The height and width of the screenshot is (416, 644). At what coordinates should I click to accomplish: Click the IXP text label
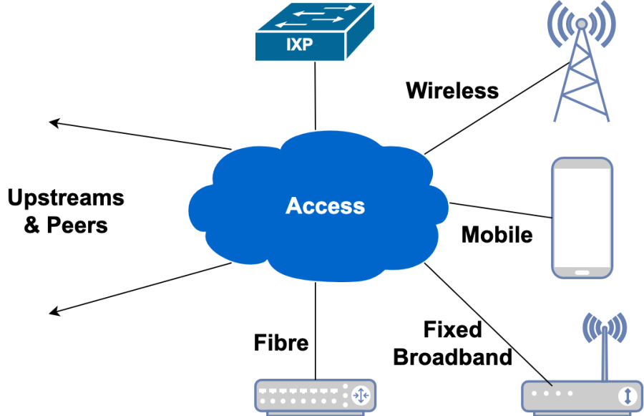click(299, 45)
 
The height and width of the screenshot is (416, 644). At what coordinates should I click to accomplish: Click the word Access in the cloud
click(325, 206)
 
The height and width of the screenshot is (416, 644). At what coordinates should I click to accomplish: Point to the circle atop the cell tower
click(581, 24)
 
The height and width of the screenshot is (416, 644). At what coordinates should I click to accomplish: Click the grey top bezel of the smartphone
click(582, 163)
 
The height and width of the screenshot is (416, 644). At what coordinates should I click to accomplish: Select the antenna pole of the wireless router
click(605, 354)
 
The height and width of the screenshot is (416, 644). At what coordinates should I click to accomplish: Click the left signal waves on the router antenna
click(591, 327)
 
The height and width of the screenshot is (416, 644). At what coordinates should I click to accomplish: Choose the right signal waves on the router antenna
click(618, 327)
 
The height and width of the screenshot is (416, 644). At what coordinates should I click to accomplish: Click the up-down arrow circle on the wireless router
click(627, 395)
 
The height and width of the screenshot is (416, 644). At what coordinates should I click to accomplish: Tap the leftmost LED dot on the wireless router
click(537, 393)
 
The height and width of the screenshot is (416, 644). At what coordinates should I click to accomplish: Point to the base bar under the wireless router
click(581, 412)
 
